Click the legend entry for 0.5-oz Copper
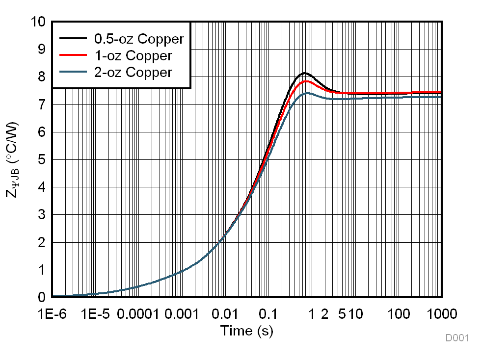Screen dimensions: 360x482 [138, 39]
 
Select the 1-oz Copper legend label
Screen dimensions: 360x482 [133, 55]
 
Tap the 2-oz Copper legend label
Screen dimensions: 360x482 [133, 72]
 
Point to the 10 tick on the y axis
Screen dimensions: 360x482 [38, 22]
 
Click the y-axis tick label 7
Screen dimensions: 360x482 [42, 104]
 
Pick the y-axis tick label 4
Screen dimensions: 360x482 [42, 187]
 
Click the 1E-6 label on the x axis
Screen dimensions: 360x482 [52, 314]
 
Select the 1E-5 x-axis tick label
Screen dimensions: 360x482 [96, 314]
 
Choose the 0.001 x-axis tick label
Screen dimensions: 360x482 [182, 314]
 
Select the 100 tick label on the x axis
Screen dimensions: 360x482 [399, 314]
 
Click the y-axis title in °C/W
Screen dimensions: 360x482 [13, 160]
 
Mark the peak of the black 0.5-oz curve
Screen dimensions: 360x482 [305, 73]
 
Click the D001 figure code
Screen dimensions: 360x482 [457, 338]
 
